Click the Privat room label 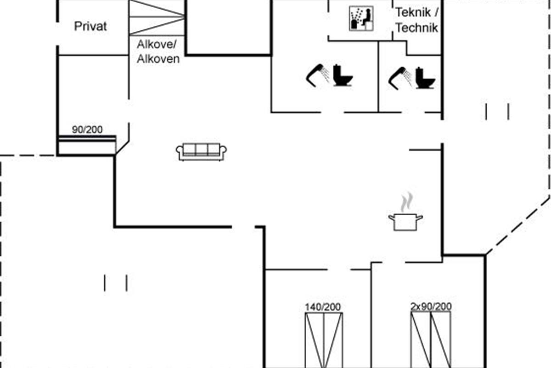pyautogui.click(x=90, y=26)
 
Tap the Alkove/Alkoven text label pyautogui.click(x=158, y=52)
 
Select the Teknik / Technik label pyautogui.click(x=417, y=20)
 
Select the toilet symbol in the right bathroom pyautogui.click(x=425, y=78)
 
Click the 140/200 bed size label pyautogui.click(x=323, y=307)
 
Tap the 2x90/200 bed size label pyautogui.click(x=431, y=307)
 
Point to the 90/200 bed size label pyautogui.click(x=87, y=130)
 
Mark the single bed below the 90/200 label pyautogui.click(x=87, y=145)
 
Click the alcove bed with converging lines pyautogui.click(x=157, y=17)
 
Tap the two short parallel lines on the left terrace pyautogui.click(x=115, y=283)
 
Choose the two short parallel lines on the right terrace pyautogui.click(x=497, y=112)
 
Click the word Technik pyautogui.click(x=417, y=28)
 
